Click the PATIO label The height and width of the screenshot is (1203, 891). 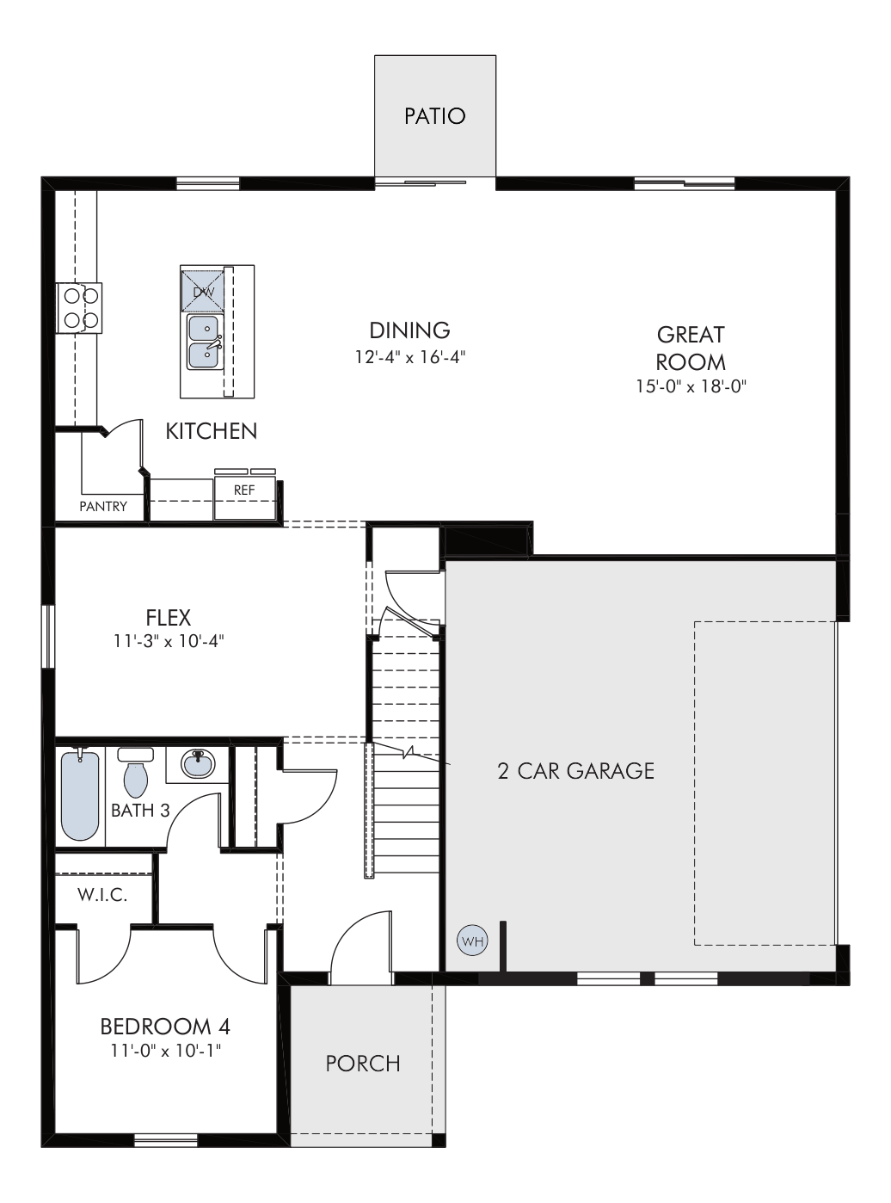pos(435,116)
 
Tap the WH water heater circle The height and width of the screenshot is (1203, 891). pos(472,941)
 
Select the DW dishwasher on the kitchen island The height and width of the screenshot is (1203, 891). pos(203,291)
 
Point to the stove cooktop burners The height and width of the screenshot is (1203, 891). pos(79,308)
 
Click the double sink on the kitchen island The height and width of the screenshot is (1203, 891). pos(205,342)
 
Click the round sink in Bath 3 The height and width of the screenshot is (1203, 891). pos(199,763)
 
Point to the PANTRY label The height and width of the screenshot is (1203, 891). pos(103,507)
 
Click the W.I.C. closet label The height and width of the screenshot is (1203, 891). pos(102,895)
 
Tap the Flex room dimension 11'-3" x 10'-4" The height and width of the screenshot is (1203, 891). pos(169,641)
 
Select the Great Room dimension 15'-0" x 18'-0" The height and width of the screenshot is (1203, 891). pos(691,386)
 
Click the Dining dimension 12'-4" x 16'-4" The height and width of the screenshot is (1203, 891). pos(410,357)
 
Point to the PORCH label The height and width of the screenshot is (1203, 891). pos(363,1063)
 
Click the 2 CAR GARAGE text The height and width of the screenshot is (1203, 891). pos(576,771)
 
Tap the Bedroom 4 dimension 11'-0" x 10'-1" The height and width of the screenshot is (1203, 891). pos(166,1051)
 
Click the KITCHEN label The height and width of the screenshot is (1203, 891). pos(211,431)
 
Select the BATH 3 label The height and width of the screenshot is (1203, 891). pos(140,811)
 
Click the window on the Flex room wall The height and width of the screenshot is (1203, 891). pos(48,636)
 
